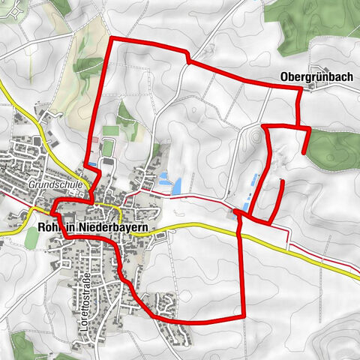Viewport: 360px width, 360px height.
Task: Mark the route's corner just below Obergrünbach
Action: tap(300, 89)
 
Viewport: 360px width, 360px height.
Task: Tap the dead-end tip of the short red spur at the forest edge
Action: tap(304, 153)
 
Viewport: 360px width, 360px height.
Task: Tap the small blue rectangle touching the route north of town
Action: tap(91, 162)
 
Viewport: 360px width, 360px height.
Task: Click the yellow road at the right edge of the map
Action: tap(345, 262)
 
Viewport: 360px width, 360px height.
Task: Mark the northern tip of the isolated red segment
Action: tap(281, 181)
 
